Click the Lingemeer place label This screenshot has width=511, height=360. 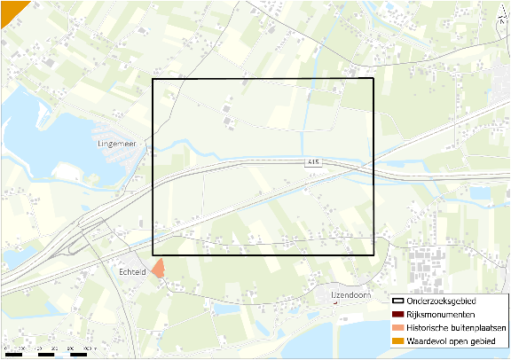(114, 142)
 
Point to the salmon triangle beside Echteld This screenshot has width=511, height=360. (157, 269)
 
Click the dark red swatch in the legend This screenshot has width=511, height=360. (397, 315)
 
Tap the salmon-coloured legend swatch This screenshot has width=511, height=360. (397, 327)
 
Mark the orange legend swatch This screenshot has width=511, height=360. (397, 340)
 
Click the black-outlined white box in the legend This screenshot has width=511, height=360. (397, 302)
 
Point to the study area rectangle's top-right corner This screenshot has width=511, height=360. (373, 80)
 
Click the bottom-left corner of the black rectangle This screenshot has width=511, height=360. (153, 255)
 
